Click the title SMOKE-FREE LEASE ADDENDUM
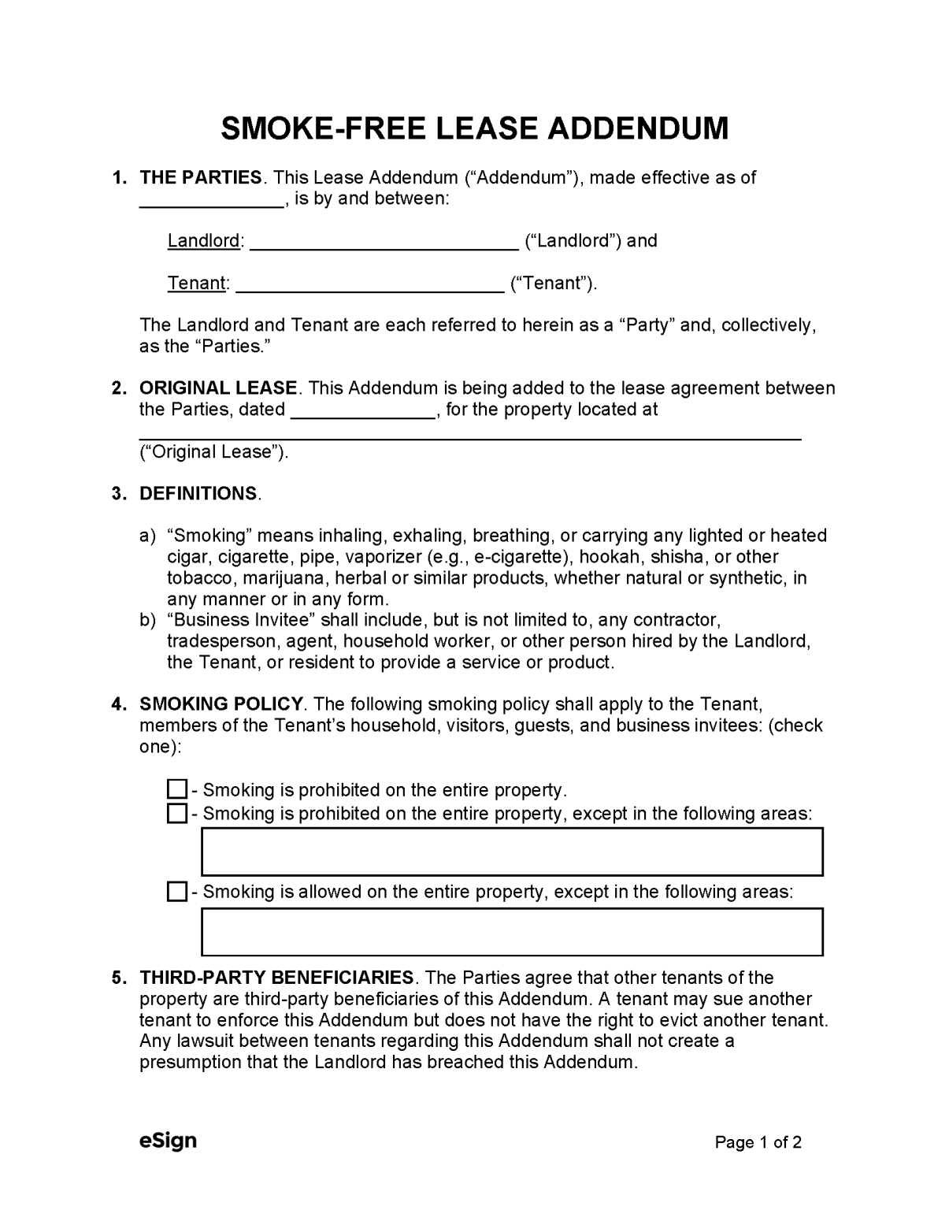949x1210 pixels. (474, 128)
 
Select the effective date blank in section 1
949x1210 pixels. (211, 201)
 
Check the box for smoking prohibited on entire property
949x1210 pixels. (177, 789)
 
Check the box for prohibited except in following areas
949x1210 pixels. (177, 813)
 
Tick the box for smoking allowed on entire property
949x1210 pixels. (177, 892)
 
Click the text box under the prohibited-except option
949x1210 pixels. (512, 852)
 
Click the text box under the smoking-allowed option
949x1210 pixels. (512, 932)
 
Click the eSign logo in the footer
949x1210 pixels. (168, 1141)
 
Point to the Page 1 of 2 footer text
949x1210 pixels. (758, 1142)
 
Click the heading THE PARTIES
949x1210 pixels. (201, 178)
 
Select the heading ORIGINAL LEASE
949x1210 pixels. (218, 388)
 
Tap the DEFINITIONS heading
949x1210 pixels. (198, 494)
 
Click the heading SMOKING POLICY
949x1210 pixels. (221, 704)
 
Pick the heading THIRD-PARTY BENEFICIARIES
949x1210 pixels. (276, 978)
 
